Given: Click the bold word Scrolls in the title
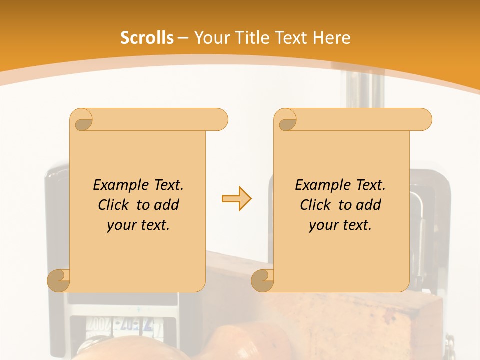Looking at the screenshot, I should pyautogui.click(x=147, y=38).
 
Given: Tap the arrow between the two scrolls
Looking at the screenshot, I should pyautogui.click(x=236, y=199).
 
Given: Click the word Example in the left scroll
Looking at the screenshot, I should pyautogui.click(x=118, y=185).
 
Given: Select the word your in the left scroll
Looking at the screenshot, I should pyautogui.click(x=120, y=225).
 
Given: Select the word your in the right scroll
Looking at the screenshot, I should pyautogui.click(x=322, y=225).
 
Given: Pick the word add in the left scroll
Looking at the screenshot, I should pyautogui.click(x=166, y=205).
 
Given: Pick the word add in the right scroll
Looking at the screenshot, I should pyautogui.click(x=368, y=205).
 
